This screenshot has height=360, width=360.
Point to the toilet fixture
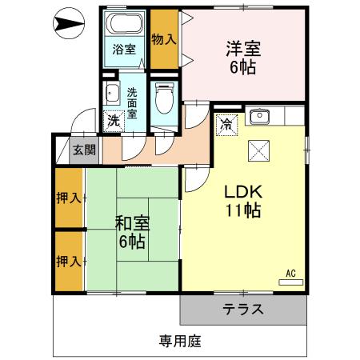coord(166,99)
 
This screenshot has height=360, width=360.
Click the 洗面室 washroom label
coord(134,102)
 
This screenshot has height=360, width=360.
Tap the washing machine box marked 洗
coord(114,121)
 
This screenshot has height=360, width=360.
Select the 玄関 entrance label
coord(83,149)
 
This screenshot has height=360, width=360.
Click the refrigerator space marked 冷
coord(226,124)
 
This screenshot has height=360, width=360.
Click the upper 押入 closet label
coord(69,197)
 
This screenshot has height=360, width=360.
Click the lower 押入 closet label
coord(69,261)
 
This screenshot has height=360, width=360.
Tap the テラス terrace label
coord(243,310)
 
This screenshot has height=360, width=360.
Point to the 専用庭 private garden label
coord(179,341)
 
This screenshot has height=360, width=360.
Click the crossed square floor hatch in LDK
coord(260,150)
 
